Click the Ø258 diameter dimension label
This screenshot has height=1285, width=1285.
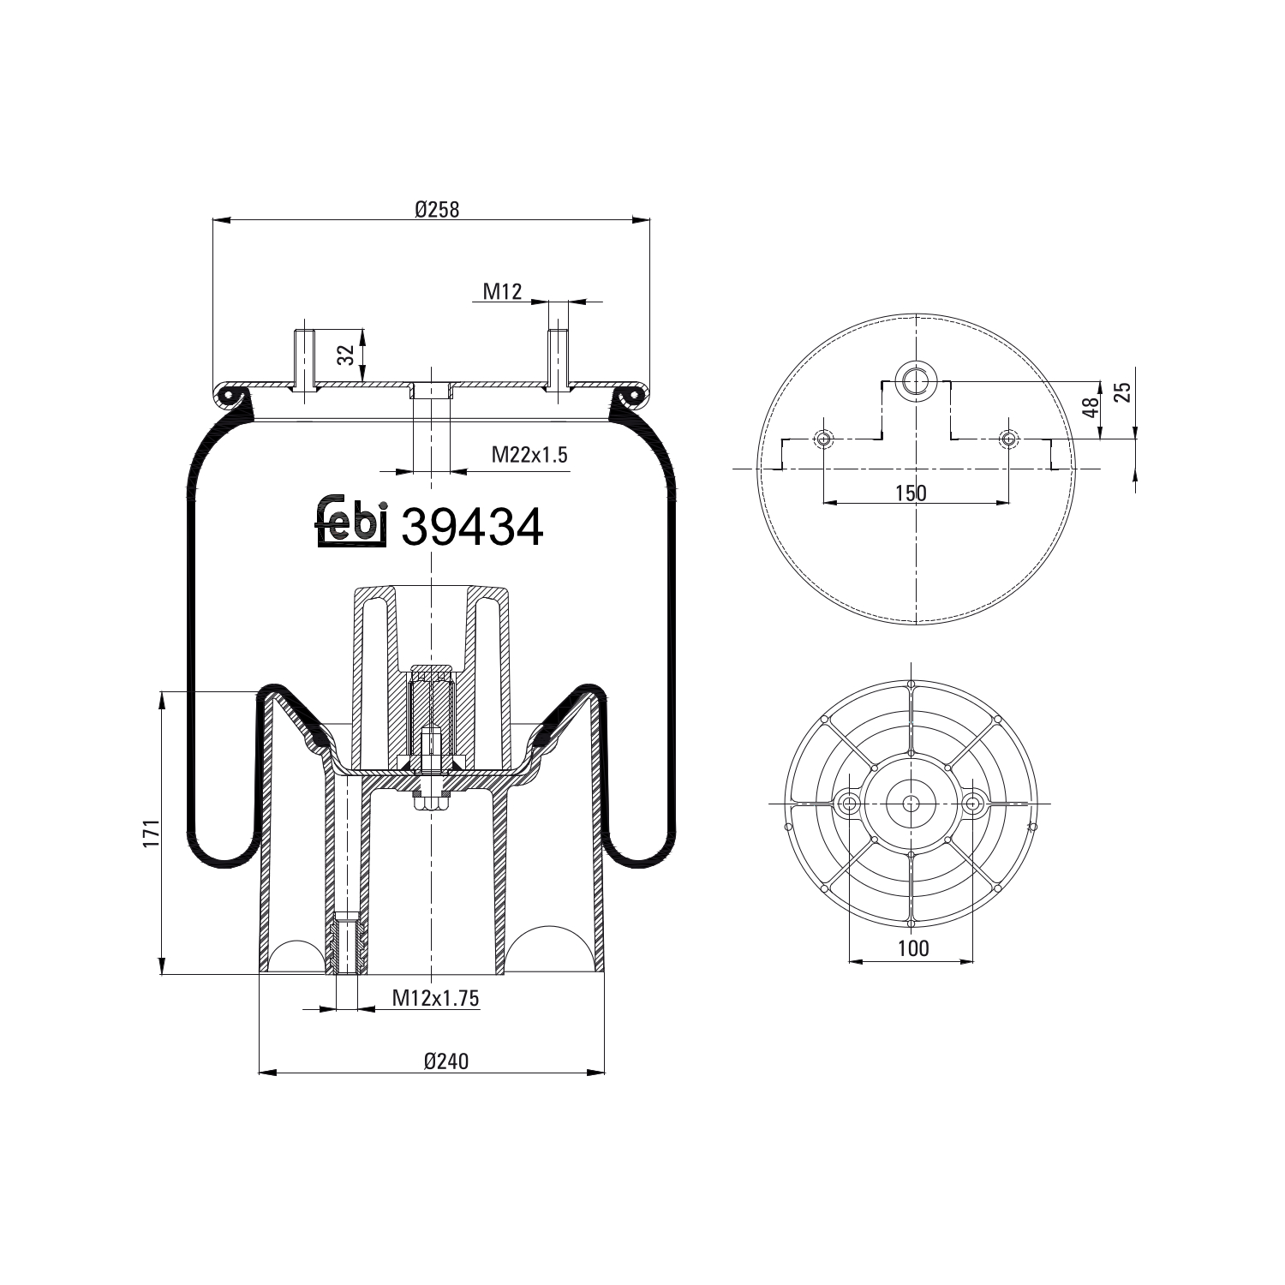pos(436,210)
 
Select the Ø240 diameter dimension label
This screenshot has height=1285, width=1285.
pos(445,1061)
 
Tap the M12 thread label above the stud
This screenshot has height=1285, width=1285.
pos(502,291)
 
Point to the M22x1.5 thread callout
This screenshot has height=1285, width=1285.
pos(529,455)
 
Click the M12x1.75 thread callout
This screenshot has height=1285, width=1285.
pos(435,997)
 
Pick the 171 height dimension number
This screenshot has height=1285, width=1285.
pos(151,833)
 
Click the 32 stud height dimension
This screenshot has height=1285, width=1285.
pos(345,356)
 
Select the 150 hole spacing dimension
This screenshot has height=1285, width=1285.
pos(911,493)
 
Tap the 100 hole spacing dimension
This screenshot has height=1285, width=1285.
pos(913,948)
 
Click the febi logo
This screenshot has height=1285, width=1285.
pos(352,521)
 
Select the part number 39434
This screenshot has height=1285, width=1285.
pos(472,526)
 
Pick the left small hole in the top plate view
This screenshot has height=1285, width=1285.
pos(823,439)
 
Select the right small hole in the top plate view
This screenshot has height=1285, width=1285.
pos(1009,439)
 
